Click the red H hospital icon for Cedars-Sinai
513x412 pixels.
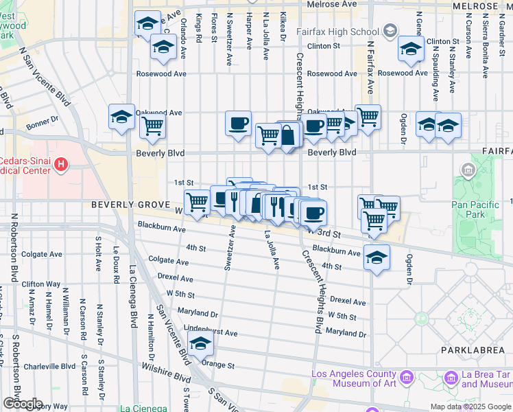pos(61,164)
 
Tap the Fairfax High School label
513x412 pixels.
pos(337,32)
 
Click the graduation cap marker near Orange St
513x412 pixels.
pos(201,345)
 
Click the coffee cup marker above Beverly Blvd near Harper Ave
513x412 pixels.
pos(238,124)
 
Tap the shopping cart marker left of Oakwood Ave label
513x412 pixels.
pos(152,126)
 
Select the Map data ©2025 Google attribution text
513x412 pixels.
pos(470,407)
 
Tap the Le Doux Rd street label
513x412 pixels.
pos(117,263)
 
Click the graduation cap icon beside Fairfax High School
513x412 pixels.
pos(390,30)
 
